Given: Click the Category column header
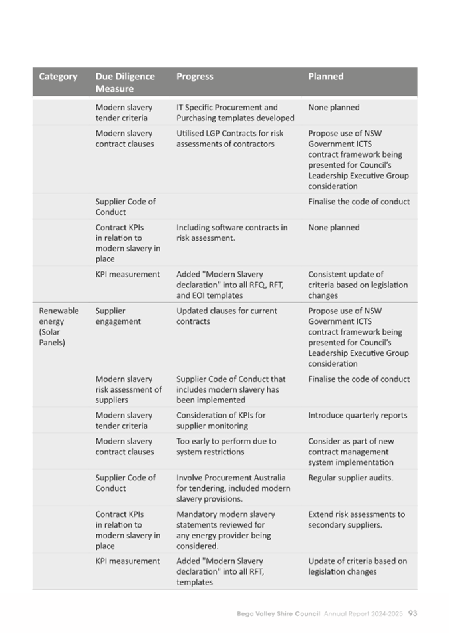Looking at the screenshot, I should coord(58,77).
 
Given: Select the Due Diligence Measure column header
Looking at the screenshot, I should coord(125,82).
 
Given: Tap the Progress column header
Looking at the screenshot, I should coord(195,77).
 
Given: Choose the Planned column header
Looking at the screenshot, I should coord(326,77).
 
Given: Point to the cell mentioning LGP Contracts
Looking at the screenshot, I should coord(229,138).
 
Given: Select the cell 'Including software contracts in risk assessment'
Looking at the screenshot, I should coord(231,232).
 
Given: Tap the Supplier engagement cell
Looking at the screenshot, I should coord(118,316).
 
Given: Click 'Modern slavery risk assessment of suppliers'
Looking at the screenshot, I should coord(128,389).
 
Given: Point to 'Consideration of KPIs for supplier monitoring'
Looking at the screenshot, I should coord(221,420).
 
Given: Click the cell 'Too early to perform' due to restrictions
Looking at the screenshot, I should coord(225,446).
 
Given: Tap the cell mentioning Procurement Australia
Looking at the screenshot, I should coord(233,488).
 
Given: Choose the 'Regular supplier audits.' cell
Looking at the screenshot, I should coord(351,478).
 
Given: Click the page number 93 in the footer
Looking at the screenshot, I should coord(412,613).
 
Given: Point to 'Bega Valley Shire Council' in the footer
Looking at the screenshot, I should coord(279,613).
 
